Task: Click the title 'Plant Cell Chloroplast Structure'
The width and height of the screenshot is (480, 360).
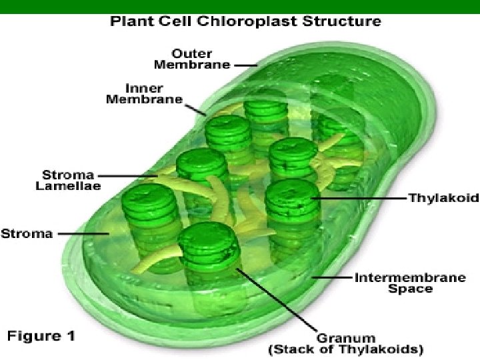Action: (245, 21)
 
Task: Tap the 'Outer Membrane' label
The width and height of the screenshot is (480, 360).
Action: (192, 59)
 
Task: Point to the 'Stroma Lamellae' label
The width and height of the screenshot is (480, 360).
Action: (68, 181)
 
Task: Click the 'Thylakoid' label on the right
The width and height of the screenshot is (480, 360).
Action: (443, 198)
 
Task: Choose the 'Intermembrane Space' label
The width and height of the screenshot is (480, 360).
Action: (409, 283)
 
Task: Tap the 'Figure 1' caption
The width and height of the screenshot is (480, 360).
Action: (41, 335)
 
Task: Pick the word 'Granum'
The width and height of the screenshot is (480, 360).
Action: (345, 338)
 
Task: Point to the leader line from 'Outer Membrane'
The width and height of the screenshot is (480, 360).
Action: (245, 65)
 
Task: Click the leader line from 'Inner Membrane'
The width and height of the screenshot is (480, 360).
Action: (195, 108)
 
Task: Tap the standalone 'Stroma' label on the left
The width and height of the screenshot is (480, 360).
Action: (26, 233)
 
